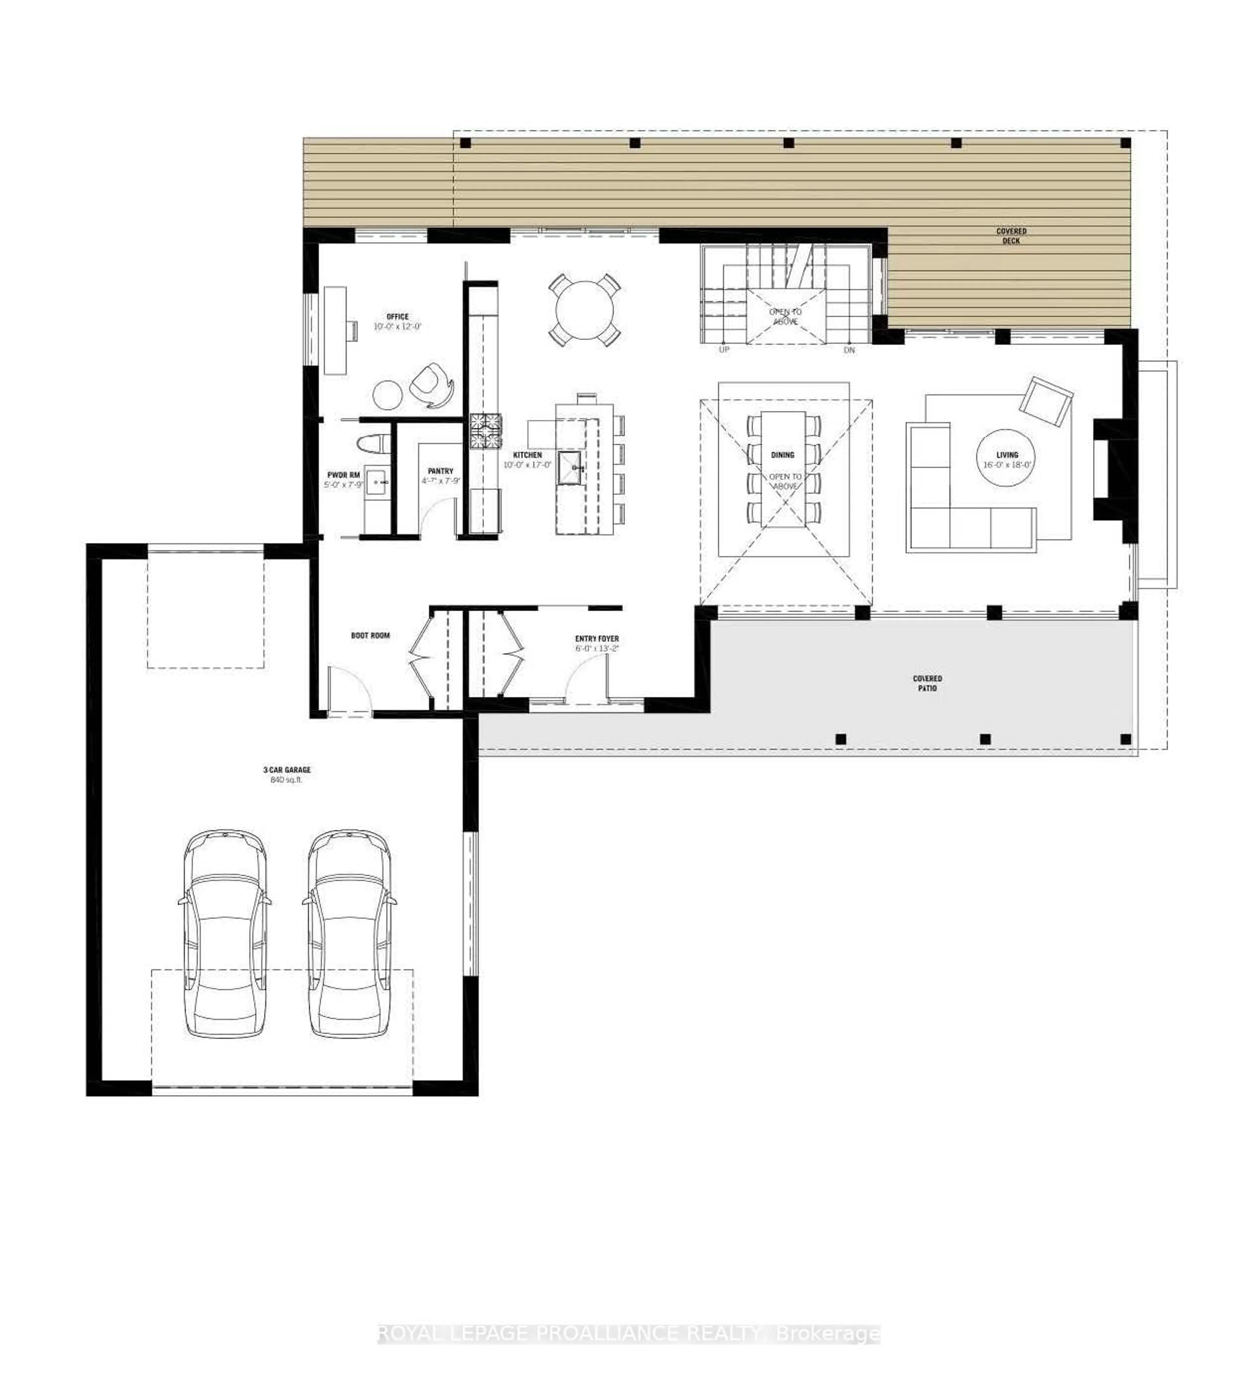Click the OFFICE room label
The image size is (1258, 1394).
pyautogui.click(x=397, y=316)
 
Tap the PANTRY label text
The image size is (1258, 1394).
pyautogui.click(x=440, y=471)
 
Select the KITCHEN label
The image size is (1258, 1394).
pyautogui.click(x=527, y=455)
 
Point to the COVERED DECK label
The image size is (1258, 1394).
pyautogui.click(x=1011, y=236)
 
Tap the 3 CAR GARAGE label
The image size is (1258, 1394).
pyautogui.click(x=287, y=769)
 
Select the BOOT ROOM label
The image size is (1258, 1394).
pyautogui.click(x=371, y=635)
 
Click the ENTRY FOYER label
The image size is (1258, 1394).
pyautogui.click(x=597, y=639)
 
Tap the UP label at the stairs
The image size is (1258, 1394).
pyautogui.click(x=724, y=350)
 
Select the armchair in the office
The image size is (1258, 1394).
pyautogui.click(x=431, y=386)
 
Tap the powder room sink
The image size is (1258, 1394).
pyautogui.click(x=377, y=482)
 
